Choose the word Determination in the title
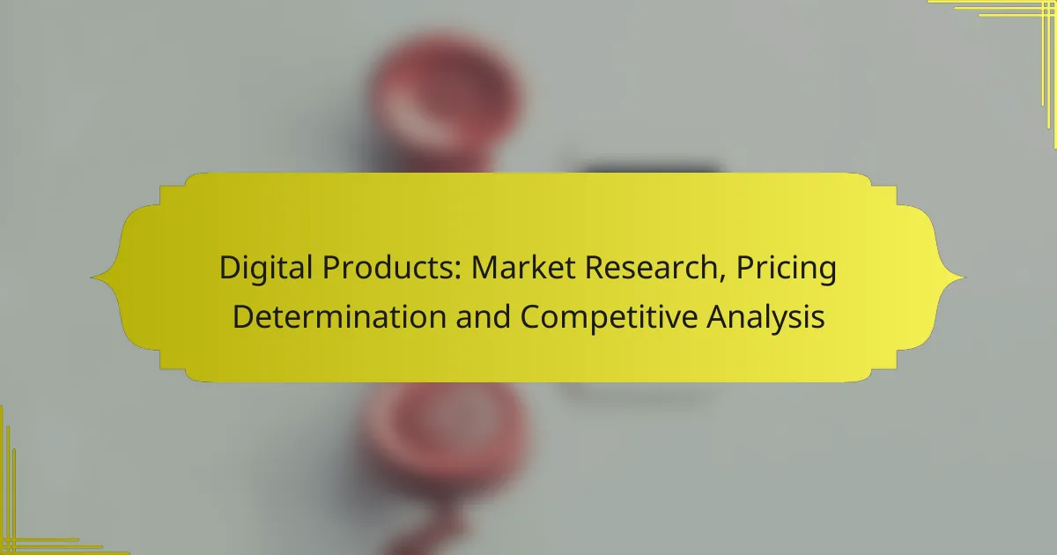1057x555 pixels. pos(328,316)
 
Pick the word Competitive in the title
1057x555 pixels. pos(610,316)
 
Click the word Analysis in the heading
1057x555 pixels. pos(768,316)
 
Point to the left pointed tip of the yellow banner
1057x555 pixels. pos(92,277)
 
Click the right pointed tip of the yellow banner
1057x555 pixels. pos(964,277)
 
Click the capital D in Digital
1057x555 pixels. pos(228,269)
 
